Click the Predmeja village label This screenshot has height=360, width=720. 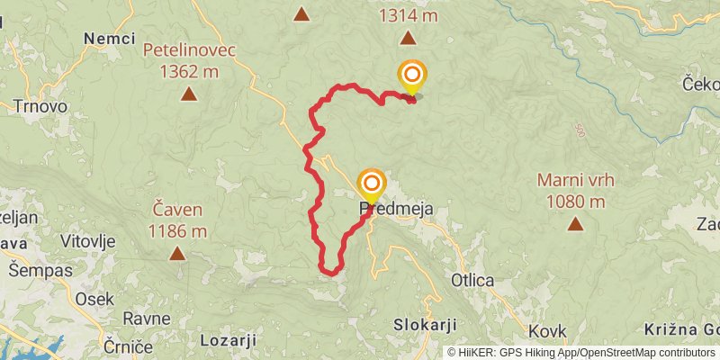pyautogui.click(x=397, y=209)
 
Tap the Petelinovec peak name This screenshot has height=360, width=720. pyautogui.click(x=189, y=49)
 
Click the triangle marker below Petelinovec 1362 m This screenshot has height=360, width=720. pyautogui.click(x=189, y=93)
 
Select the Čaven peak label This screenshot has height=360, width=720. pyautogui.click(x=177, y=211)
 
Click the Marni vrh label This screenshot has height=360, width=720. pyautogui.click(x=576, y=179)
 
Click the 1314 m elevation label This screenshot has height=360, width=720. pyautogui.click(x=408, y=15)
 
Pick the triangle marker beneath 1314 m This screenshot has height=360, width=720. pyautogui.click(x=409, y=38)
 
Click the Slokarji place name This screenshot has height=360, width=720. pyautogui.click(x=426, y=324)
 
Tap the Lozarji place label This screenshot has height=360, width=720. pyautogui.click(x=228, y=340)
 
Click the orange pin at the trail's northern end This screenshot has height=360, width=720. pyautogui.click(x=412, y=76)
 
